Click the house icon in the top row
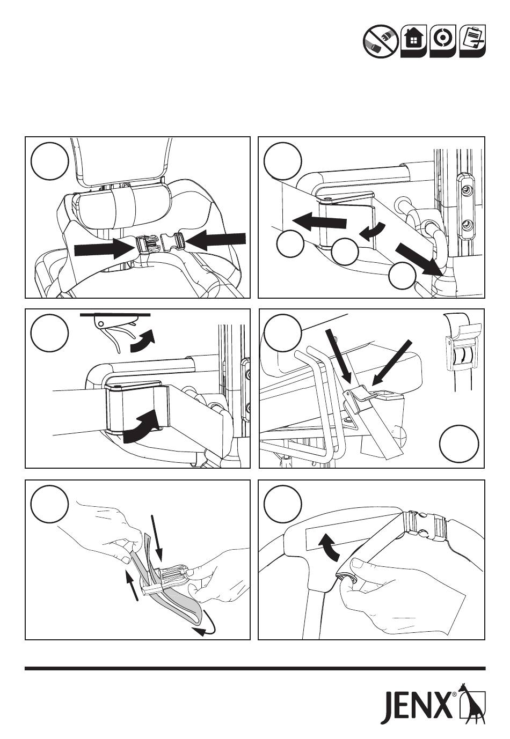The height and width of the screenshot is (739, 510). coord(413,41)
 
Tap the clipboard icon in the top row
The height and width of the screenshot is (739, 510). coord(472,41)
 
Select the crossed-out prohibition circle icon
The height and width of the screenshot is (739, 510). coord(380,41)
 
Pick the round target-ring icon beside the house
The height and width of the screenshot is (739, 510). coord(443,41)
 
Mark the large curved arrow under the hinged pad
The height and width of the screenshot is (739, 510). coord(142,428)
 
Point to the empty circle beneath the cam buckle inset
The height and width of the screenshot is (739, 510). coord(459,443)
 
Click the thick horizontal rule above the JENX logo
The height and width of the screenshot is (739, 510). coord(255,669)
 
